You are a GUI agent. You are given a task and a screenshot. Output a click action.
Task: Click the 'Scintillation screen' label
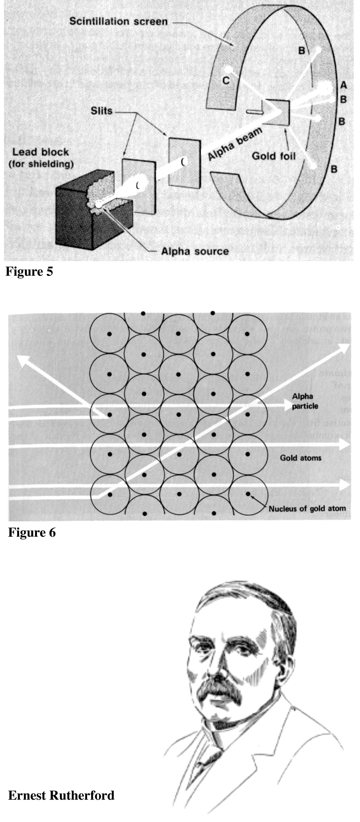[x=119, y=21]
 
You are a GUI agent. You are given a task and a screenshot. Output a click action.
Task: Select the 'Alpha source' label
[x=195, y=251]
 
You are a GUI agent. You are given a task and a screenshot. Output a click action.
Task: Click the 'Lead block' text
[x=41, y=152]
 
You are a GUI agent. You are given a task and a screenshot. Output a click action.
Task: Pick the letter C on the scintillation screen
[x=226, y=81]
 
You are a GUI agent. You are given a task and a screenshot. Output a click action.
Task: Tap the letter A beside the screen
[x=343, y=85]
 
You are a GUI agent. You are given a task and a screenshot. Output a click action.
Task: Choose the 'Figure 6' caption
[x=32, y=532]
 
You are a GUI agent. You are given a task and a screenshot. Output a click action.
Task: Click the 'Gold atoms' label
[x=301, y=458]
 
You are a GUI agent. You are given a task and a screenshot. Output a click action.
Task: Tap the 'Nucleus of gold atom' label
[x=307, y=509]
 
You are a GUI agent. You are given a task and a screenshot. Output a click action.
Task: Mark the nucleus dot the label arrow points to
[x=248, y=494]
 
